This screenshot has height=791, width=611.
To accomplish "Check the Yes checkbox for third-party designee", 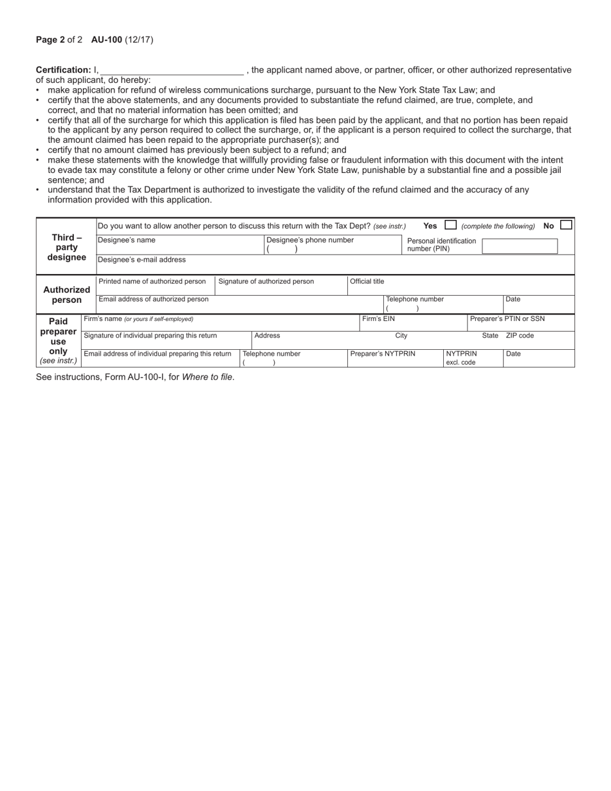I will tap(451, 225).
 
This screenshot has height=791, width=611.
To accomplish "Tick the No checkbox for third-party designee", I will tap(566, 225).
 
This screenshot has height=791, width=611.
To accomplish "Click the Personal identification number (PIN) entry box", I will tap(520, 246).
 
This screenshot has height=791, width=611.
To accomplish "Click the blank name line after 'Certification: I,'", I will tap(172, 71).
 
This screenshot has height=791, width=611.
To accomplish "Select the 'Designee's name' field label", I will tap(126, 240).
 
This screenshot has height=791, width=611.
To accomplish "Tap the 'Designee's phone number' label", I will tap(310, 240).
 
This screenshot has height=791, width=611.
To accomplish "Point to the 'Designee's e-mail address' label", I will tap(141, 260).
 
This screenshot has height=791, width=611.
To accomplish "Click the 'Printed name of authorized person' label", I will tap(152, 282).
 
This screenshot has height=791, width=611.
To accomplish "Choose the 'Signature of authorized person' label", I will tap(266, 282).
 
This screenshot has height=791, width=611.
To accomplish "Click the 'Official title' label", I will tap(367, 282).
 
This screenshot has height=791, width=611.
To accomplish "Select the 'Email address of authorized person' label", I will tap(154, 299).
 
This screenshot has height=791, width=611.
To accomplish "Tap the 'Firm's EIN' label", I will tap(379, 318).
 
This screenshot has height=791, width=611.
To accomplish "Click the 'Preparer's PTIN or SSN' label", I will tap(507, 318).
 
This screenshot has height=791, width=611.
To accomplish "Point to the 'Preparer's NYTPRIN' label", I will tap(383, 354).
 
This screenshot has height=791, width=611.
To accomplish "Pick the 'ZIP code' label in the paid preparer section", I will tap(520, 336).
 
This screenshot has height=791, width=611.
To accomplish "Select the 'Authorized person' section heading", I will tap(66, 295).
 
